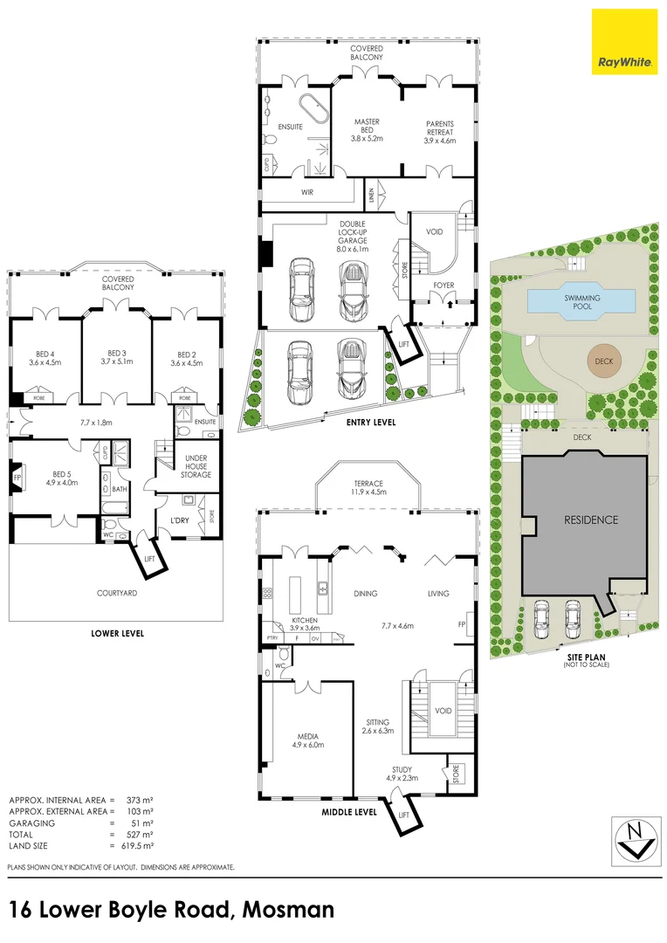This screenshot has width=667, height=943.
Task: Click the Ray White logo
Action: (624, 41)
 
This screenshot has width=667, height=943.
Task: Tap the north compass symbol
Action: (635, 838)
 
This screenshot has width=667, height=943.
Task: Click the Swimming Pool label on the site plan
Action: (581, 301)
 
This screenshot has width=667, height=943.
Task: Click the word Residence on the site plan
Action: (589, 520)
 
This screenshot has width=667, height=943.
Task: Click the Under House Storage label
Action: (196, 465)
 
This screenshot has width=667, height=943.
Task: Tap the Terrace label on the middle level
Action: (368, 481)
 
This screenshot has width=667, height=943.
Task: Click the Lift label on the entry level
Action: (402, 344)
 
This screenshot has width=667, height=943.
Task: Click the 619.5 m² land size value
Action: (135, 846)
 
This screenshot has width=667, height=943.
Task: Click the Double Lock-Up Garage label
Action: (353, 236)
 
